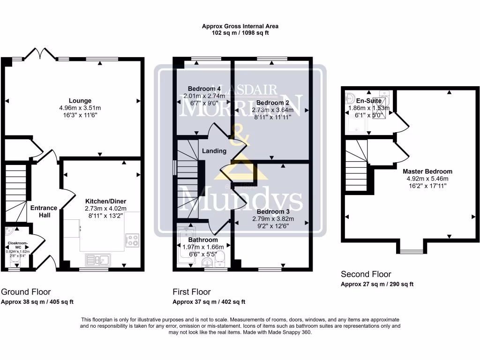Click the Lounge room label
click(80, 101)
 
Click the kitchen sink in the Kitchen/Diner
click(97, 259)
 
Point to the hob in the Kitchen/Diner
click(132, 240)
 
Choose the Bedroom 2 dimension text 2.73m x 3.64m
click(273, 110)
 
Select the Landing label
click(214, 151)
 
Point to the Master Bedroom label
click(427, 172)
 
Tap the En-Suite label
click(366, 100)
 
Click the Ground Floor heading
click(26, 292)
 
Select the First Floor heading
click(192, 292)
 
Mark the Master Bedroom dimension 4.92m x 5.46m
click(427, 179)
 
